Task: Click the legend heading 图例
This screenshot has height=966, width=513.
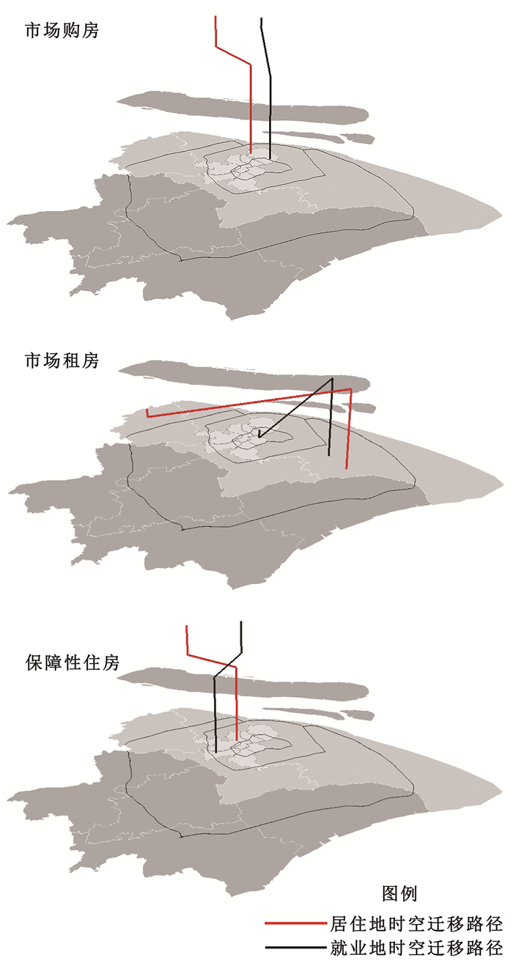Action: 399,893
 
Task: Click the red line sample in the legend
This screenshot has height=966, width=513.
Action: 295,923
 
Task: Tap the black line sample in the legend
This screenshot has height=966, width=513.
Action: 295,948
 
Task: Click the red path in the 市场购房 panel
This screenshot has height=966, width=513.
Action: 251,103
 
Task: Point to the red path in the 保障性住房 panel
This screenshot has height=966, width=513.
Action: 237,704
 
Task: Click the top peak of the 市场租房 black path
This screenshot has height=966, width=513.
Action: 332,378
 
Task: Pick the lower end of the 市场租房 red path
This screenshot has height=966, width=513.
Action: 347,467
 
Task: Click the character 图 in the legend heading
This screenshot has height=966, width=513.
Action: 391,893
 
